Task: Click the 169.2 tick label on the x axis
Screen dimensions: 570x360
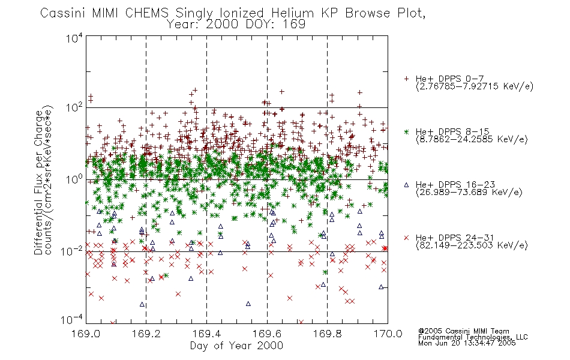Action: [x=146, y=334]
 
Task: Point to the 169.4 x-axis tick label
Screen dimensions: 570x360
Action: [x=206, y=334]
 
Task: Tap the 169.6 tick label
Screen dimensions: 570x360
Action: [x=267, y=334]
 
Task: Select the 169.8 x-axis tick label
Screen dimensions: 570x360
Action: [x=327, y=334]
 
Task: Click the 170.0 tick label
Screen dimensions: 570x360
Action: [x=388, y=334]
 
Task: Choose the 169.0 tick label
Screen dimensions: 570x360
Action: [x=86, y=334]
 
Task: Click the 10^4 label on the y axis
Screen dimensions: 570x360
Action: [x=74, y=38]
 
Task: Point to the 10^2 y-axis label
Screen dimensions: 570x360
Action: [x=74, y=108]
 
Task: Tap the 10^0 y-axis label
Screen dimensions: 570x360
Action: [x=74, y=179]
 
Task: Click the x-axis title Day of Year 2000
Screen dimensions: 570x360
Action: [x=236, y=346]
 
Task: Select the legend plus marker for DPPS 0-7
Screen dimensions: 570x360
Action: [x=406, y=79]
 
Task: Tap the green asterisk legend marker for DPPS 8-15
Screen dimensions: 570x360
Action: [x=406, y=131]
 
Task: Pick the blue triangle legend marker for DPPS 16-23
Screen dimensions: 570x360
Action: [x=406, y=185]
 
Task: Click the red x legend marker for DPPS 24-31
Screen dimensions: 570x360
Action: [x=406, y=238]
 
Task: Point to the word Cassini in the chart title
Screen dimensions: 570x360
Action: [x=63, y=13]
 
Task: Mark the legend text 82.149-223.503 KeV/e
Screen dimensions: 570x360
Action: [x=472, y=245]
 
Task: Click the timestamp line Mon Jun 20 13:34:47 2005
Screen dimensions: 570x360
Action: [x=467, y=343]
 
